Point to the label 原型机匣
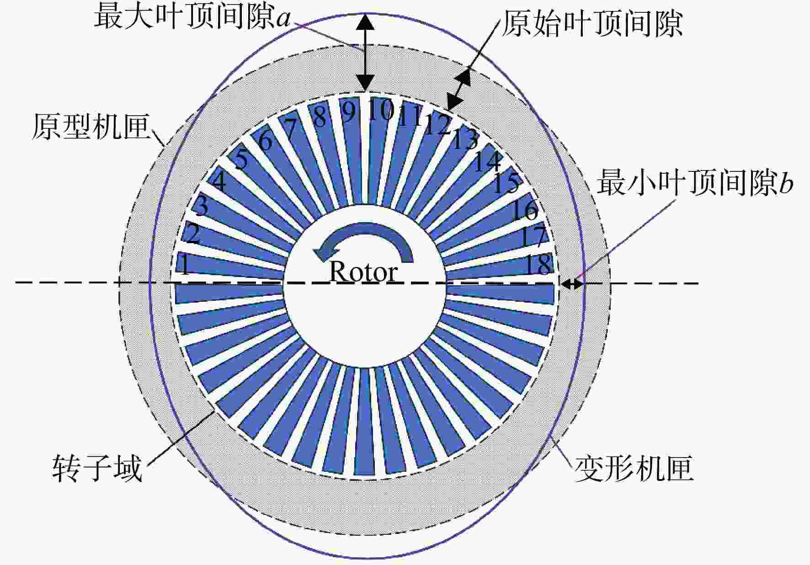91,126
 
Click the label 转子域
97,468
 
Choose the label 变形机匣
634,468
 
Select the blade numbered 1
229,266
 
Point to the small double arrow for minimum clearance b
572,284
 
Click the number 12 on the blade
437,124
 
